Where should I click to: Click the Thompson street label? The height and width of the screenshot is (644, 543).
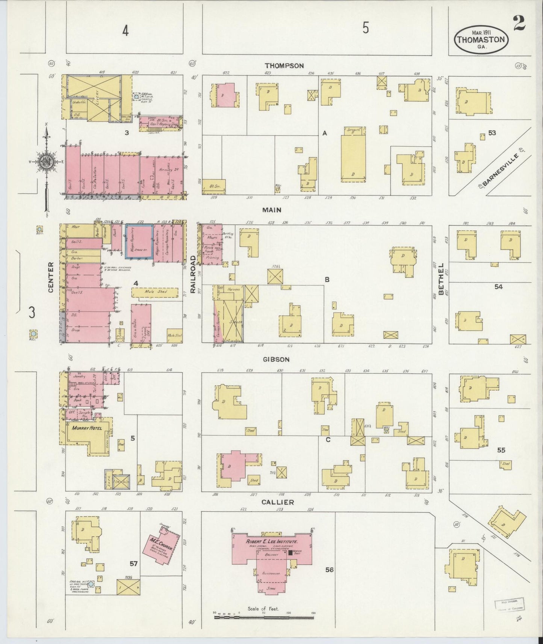284,66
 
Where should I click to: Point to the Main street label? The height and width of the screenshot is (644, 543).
272,210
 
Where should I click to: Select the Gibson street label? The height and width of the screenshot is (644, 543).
276,359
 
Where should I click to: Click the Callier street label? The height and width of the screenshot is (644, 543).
278,502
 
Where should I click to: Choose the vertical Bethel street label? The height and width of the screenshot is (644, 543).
441,276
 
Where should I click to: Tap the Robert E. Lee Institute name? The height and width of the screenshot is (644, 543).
272,541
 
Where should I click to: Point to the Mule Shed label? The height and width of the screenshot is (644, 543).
154,291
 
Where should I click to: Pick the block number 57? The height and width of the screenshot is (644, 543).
133,563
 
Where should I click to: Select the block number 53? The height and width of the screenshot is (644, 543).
492,133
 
